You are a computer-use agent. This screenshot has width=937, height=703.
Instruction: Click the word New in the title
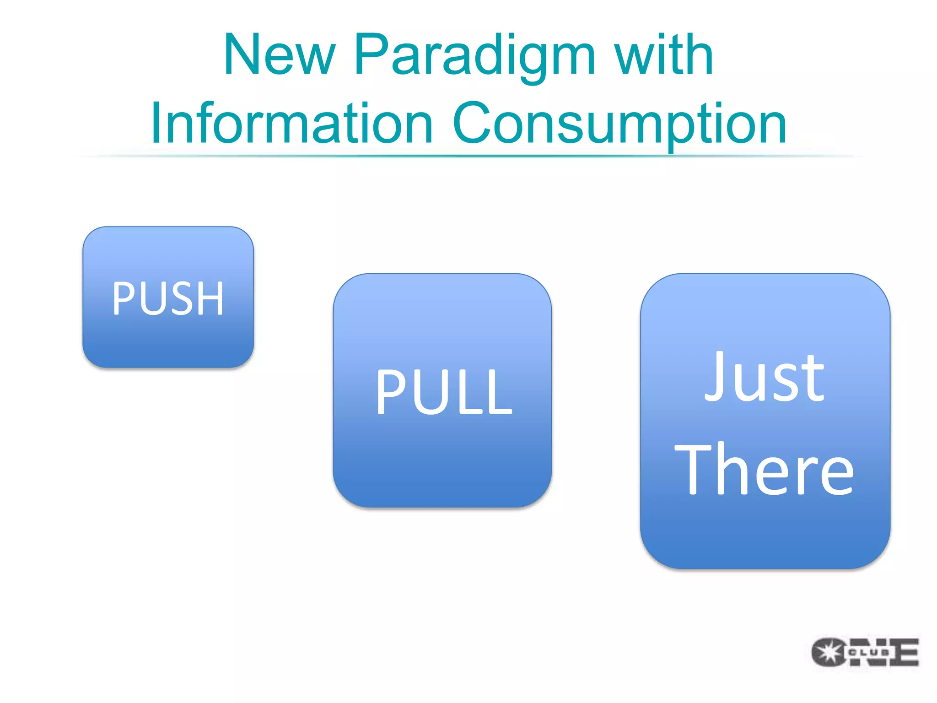(x=280, y=55)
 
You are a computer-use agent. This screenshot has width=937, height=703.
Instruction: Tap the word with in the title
(x=663, y=55)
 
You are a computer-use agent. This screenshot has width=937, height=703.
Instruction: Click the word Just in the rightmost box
(x=765, y=378)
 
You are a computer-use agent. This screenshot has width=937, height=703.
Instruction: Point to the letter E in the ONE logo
(x=904, y=652)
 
